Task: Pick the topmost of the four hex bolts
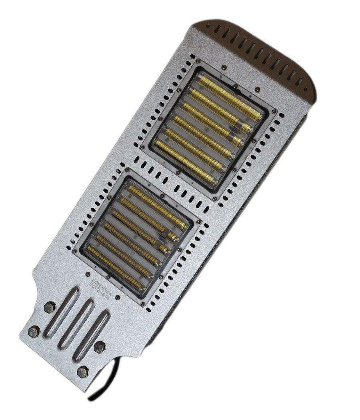[x=50, y=307]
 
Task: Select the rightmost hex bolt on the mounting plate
[x=98, y=346]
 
